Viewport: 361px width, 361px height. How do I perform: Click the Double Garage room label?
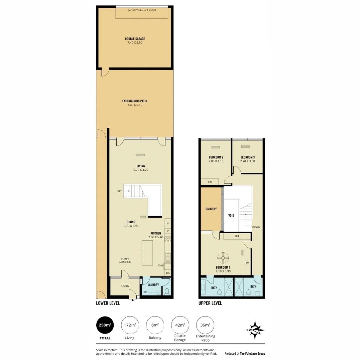pyautogui.click(x=135, y=39)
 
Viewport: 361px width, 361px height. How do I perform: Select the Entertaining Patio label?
pyautogui.click(x=135, y=101)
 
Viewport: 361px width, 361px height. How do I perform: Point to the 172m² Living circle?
pyautogui.click(x=130, y=325)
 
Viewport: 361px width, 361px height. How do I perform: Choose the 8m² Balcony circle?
pyautogui.click(x=155, y=325)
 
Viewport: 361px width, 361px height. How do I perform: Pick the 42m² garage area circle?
pyautogui.click(x=180, y=325)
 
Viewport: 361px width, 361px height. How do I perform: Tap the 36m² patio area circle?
pyautogui.click(x=205, y=325)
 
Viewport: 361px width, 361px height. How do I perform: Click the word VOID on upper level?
pyautogui.click(x=231, y=216)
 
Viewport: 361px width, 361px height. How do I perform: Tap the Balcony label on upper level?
pyautogui.click(x=211, y=209)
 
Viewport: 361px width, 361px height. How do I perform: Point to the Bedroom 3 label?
pyautogui.click(x=247, y=157)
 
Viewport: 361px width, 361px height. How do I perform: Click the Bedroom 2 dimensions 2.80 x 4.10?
pyautogui.click(x=216, y=161)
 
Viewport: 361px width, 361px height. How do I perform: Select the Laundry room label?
pyautogui.click(x=153, y=285)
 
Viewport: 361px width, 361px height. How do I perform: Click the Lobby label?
pyautogui.click(x=125, y=286)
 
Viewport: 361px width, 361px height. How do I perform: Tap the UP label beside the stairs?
pyautogui.click(x=119, y=191)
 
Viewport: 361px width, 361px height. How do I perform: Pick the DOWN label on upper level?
pyautogui.click(x=256, y=227)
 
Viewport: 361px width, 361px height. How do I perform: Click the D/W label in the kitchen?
pyautogui.click(x=161, y=266)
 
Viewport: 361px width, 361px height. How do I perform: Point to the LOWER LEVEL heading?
pyautogui.click(x=108, y=303)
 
